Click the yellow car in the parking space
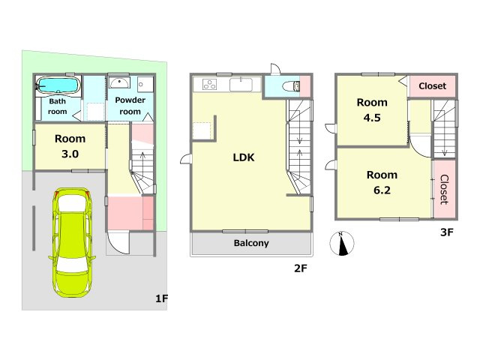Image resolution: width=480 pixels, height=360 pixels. click(x=72, y=242)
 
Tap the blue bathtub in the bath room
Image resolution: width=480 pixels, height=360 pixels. click(x=58, y=85)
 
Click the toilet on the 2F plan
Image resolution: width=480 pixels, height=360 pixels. click(x=291, y=86)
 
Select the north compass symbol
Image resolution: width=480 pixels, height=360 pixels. click(x=342, y=243)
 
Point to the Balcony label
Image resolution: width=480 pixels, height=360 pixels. click(x=251, y=243)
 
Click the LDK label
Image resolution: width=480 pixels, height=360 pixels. click(x=244, y=157)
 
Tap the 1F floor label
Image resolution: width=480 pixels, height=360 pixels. click(x=162, y=298)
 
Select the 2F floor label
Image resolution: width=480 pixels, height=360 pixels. click(x=300, y=268)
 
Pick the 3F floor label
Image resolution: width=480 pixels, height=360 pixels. click(x=447, y=232)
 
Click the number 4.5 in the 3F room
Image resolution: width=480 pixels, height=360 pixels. click(x=372, y=118)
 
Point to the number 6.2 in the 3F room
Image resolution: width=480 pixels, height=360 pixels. click(x=382, y=190)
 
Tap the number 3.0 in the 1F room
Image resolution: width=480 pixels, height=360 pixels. click(x=70, y=154)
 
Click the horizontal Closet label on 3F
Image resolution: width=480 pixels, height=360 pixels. click(x=432, y=86)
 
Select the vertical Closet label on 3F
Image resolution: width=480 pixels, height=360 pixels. click(x=444, y=190)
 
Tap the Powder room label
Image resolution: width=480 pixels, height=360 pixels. click(x=130, y=106)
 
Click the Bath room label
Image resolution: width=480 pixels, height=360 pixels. click(x=58, y=106)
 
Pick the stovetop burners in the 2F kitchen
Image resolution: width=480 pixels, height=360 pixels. click(x=210, y=85)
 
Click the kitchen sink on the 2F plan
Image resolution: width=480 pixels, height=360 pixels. click(x=241, y=85)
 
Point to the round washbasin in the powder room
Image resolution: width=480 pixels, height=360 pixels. click(x=119, y=82)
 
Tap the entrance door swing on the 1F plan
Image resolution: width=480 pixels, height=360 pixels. click(x=118, y=243)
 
